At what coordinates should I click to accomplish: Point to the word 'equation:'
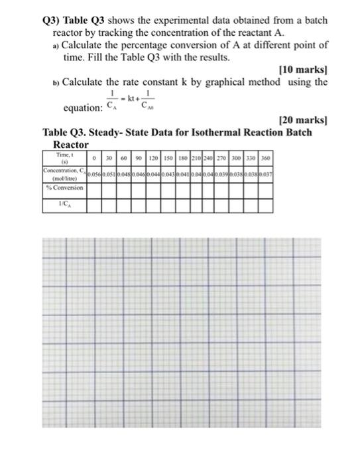[x=82, y=107]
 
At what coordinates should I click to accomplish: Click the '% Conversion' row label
[x=64, y=188]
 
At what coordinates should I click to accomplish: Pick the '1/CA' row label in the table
[x=65, y=205]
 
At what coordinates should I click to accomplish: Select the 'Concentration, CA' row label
[x=64, y=174]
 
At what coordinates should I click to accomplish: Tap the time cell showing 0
[x=95, y=158]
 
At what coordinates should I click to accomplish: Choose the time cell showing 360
[x=266, y=158]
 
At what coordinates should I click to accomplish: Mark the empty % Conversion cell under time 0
[x=95, y=188]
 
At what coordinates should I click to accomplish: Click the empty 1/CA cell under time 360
[x=266, y=205]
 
